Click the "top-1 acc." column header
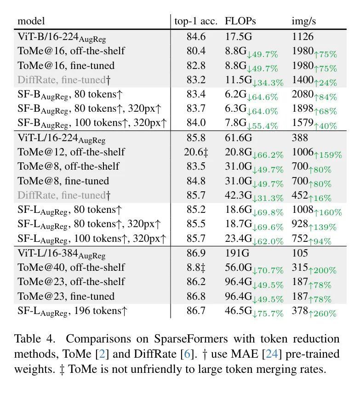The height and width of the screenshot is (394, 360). (195, 21)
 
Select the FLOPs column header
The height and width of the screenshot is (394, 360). (240, 21)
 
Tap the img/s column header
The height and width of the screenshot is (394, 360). (303, 21)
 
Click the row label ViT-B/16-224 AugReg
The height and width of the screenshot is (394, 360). (62, 37)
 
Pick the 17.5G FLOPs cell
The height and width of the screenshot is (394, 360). (237, 36)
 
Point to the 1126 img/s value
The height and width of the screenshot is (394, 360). (303, 36)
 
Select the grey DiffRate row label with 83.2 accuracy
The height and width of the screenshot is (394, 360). (64, 80)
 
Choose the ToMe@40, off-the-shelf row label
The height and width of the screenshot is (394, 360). (71, 268)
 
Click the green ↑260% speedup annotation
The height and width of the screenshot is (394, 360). (325, 314)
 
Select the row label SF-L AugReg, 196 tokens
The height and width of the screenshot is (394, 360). (72, 312)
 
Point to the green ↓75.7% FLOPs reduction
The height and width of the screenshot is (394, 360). (268, 314)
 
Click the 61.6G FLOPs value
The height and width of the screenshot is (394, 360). (237, 137)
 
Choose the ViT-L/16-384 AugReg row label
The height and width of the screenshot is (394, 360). (62, 254)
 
